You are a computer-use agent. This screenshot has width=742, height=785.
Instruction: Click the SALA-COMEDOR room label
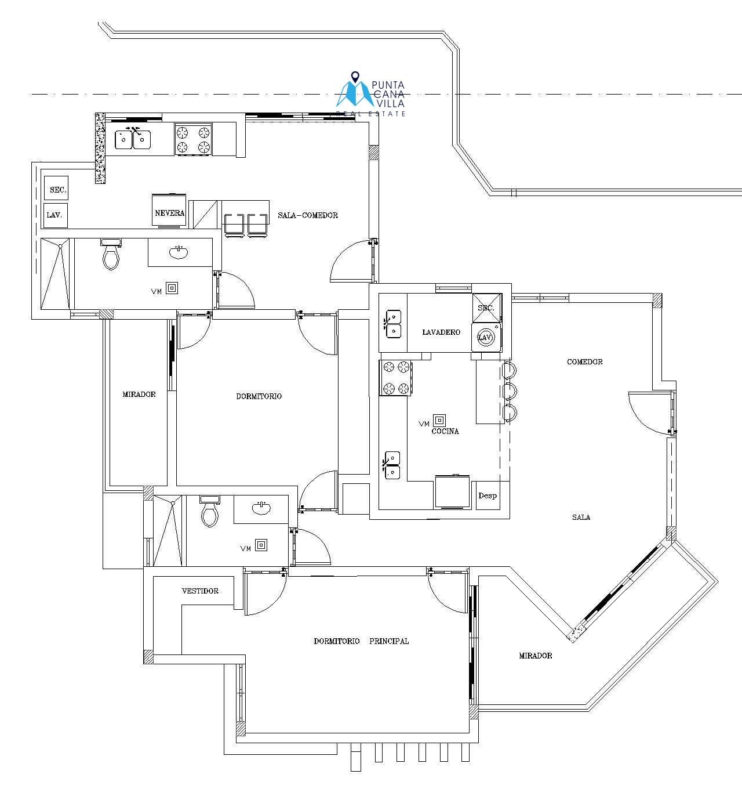coord(308,215)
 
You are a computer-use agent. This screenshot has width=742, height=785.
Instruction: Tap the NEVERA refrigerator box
coord(169,211)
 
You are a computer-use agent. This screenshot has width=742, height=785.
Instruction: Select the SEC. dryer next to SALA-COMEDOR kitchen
coord(56,188)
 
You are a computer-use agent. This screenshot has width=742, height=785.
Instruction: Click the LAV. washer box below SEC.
coord(55,215)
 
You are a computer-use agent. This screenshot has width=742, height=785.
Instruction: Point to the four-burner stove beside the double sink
coord(194,139)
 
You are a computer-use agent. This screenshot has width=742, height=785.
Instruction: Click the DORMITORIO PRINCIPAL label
coord(361,641)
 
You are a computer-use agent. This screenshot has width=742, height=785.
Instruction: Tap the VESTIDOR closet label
coord(200,591)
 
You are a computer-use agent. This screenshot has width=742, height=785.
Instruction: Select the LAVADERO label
coord(441,332)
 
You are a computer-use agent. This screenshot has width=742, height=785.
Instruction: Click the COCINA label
coord(445,431)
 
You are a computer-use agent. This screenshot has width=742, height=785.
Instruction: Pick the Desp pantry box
coord(488,495)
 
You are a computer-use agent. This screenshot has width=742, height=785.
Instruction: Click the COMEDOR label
coord(585,362)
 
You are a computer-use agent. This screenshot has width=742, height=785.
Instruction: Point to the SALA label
coord(581,517)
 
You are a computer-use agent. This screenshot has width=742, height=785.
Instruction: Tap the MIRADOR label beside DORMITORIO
coord(139,394)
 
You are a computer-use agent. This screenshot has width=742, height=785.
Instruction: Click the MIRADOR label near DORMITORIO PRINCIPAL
coord(536,655)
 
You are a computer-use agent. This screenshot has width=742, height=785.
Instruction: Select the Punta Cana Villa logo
coord(370,94)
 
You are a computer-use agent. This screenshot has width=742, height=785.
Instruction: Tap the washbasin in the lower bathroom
coord(261,508)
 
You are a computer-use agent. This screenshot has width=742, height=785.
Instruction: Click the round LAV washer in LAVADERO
coord(486,338)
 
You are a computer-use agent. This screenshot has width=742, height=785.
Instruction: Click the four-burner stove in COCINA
coord(395,378)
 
